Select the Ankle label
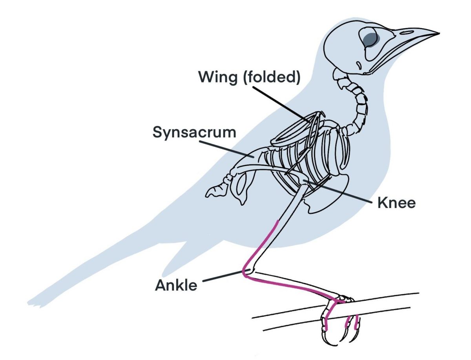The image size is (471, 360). pyautogui.click(x=176, y=285)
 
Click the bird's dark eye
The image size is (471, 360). pyautogui.click(x=369, y=38)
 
